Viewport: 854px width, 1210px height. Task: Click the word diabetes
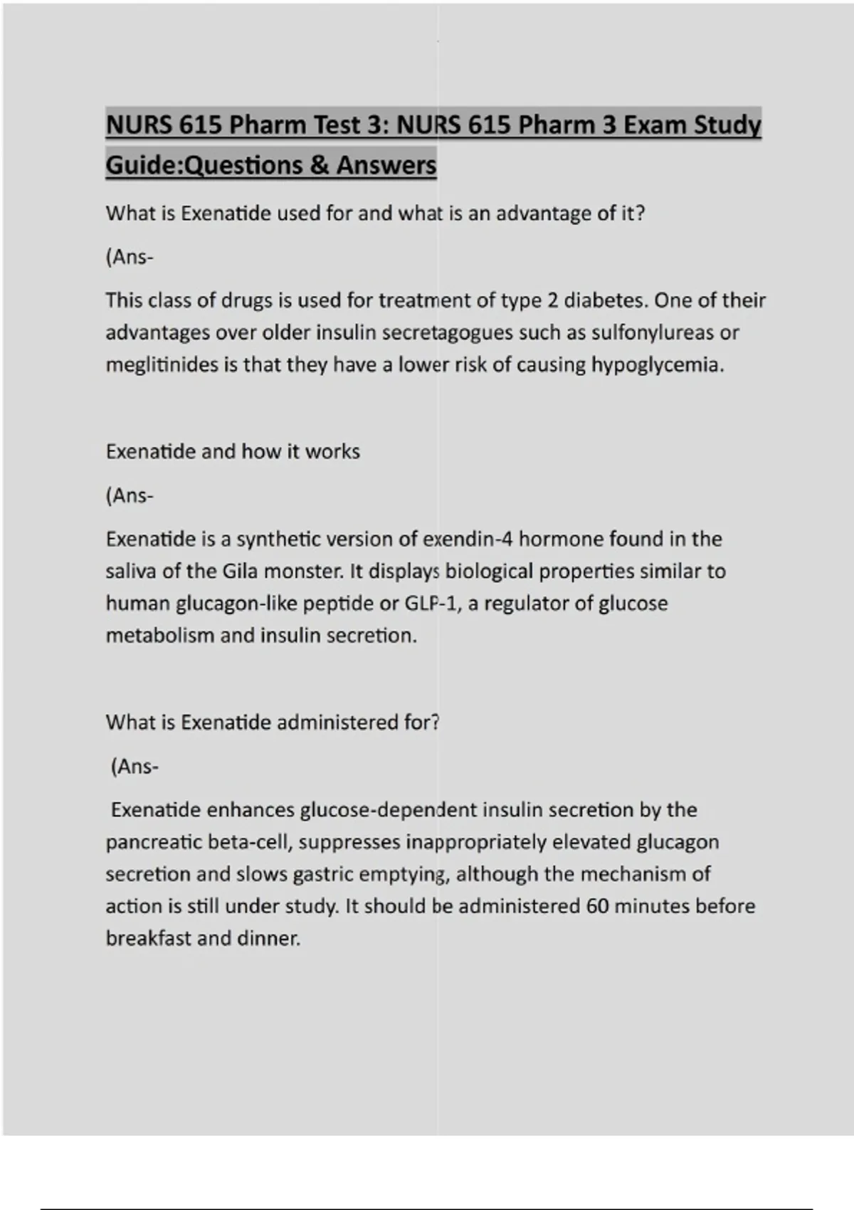[606, 300]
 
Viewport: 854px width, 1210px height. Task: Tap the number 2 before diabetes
[552, 300]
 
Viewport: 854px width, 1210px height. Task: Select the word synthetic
[278, 539]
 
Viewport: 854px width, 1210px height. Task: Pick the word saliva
[130, 571]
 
